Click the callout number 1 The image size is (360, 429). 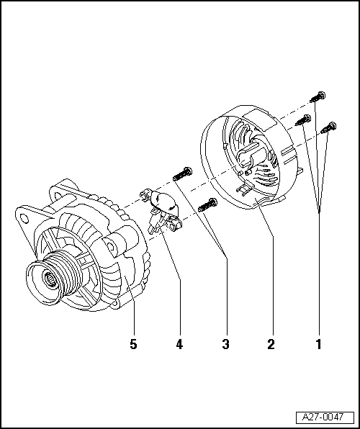(319, 343)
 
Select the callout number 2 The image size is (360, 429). (271, 343)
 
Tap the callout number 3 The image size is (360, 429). (225, 343)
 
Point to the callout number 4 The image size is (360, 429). (179, 343)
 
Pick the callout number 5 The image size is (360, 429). (133, 343)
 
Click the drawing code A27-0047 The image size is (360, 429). (323, 417)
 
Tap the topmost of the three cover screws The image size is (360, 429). (318, 97)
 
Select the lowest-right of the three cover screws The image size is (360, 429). (328, 128)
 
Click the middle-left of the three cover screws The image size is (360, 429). (303, 120)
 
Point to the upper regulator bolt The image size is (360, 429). (182, 173)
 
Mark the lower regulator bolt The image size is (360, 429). (208, 205)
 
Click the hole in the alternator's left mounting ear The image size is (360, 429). (24, 219)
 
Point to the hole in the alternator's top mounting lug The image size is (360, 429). (58, 196)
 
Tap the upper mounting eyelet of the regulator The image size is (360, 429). (143, 195)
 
